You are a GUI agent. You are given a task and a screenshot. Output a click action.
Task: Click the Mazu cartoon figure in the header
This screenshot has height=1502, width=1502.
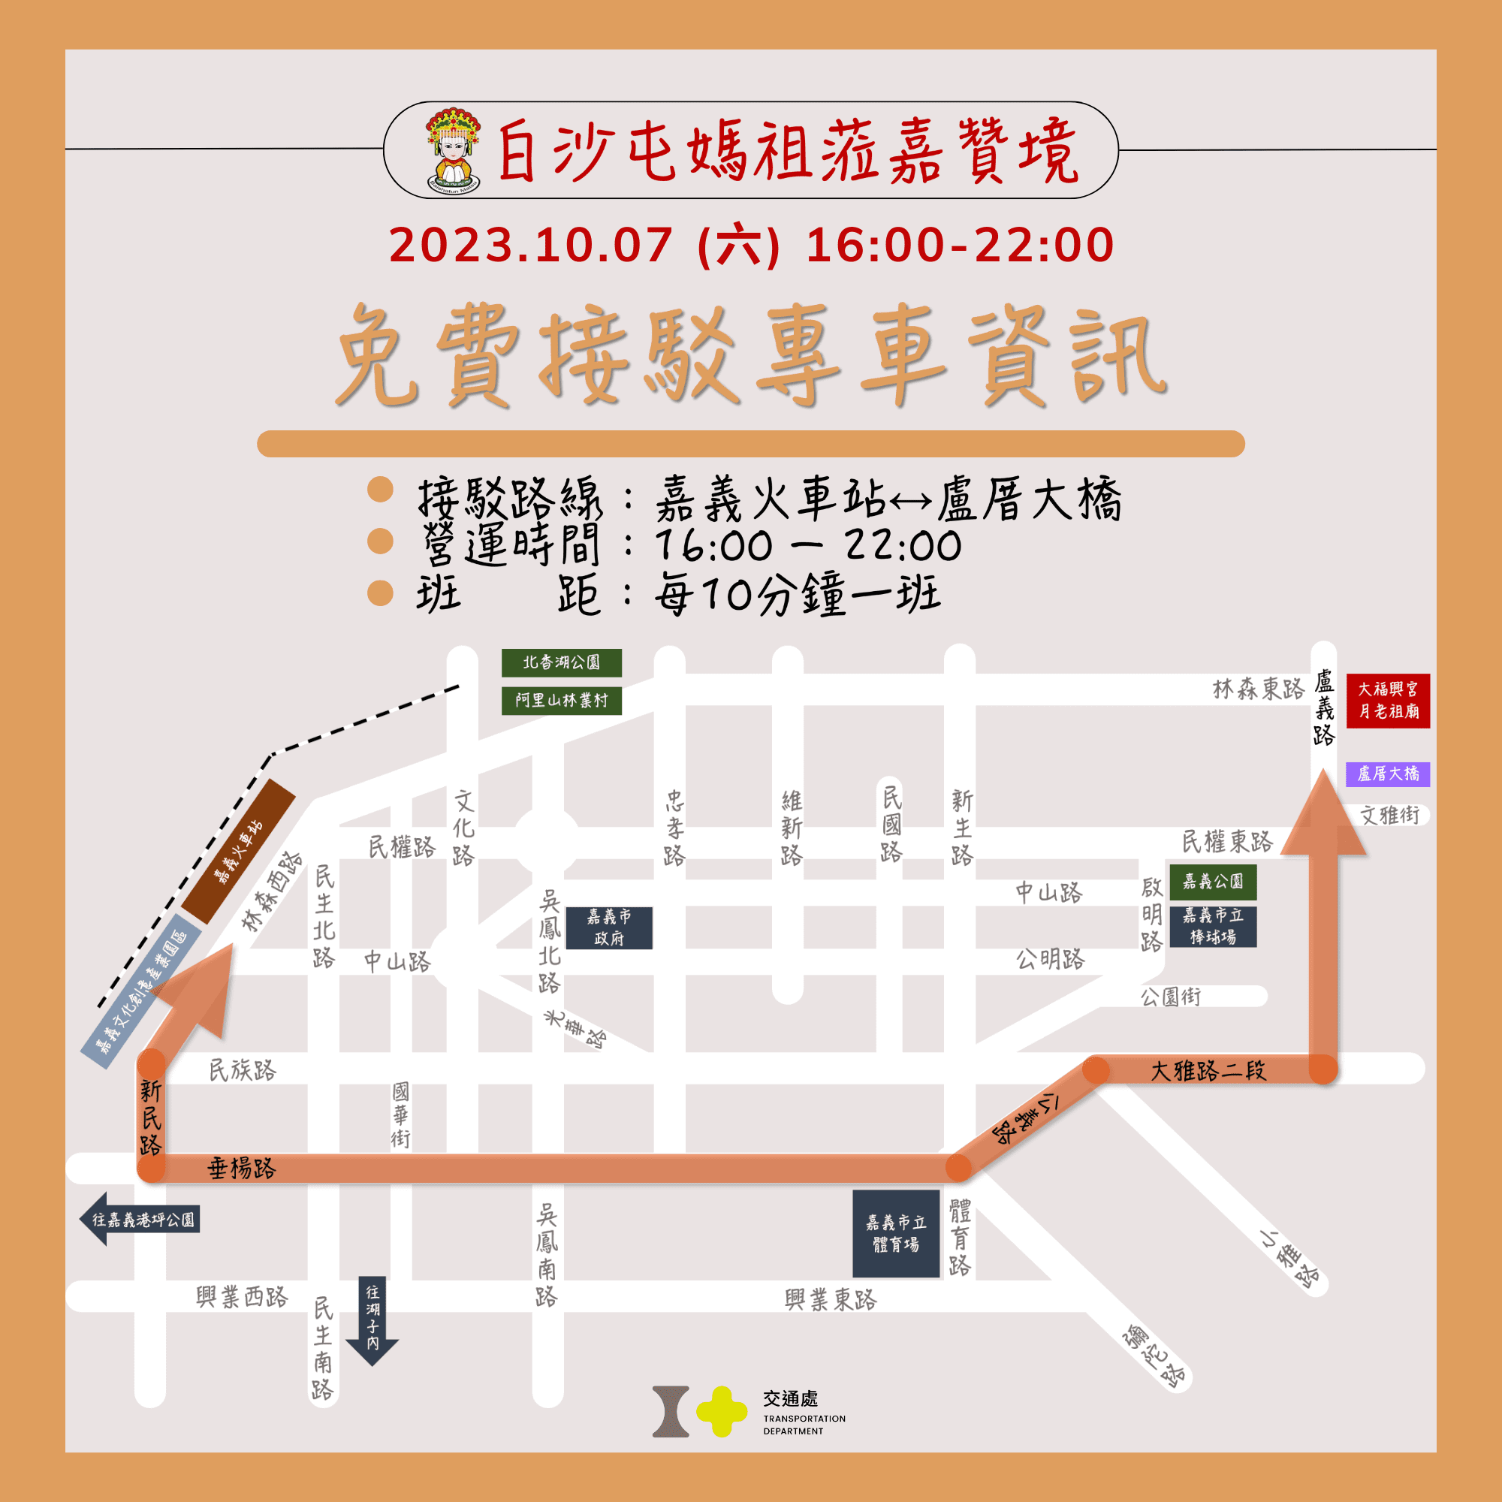click(454, 151)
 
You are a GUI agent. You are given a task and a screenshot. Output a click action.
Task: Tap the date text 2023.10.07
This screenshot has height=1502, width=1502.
click(530, 246)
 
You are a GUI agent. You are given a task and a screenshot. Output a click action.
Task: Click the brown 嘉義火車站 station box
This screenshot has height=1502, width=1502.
click(239, 851)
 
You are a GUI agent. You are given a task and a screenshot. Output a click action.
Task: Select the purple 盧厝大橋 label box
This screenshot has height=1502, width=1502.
click(1388, 774)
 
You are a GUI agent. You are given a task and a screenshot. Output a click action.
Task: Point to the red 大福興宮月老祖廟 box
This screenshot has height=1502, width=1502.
click(1388, 701)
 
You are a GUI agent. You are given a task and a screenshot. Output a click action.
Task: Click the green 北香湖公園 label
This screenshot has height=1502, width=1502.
click(561, 662)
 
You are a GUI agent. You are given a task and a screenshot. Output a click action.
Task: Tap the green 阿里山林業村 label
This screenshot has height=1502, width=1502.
click(561, 701)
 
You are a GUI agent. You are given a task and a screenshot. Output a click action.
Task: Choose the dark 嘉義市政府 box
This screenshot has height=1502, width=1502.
click(609, 927)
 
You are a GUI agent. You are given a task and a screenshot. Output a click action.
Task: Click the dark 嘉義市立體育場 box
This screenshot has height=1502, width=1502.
click(896, 1234)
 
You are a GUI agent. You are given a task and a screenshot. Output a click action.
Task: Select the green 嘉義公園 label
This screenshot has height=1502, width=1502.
click(1213, 881)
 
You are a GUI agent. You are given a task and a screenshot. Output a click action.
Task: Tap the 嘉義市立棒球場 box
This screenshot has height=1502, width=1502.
click(1213, 926)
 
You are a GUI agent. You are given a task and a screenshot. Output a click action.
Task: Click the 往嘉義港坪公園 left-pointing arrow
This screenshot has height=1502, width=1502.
click(140, 1219)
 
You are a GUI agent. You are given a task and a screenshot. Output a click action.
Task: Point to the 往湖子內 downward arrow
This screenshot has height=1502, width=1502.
click(372, 1320)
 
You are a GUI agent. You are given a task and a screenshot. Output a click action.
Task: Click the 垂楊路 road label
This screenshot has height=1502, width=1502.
click(241, 1169)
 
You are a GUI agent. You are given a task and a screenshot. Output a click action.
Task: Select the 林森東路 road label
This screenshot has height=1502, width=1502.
click(1258, 689)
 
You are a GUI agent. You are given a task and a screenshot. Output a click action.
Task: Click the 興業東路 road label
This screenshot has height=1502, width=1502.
click(831, 1299)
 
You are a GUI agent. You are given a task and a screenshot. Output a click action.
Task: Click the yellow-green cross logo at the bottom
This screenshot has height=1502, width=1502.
click(721, 1412)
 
